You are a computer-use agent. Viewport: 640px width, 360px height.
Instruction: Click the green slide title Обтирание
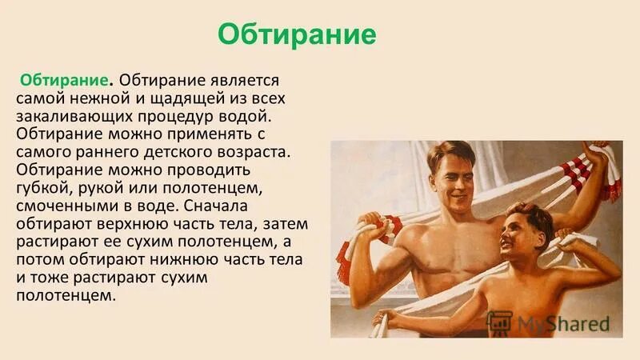297,36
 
